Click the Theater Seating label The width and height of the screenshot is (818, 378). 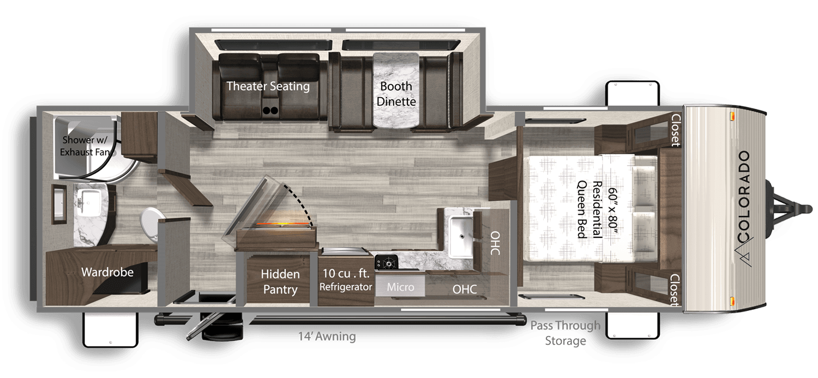268,86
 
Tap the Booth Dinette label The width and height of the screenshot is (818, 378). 396,94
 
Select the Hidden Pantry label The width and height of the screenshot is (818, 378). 280,281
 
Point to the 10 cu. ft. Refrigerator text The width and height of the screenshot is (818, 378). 346,280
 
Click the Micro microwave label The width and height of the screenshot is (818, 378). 401,287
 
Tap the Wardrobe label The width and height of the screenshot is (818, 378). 107,272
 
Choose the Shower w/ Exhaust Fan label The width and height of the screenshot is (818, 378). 86,146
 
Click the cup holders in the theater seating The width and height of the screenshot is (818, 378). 270,110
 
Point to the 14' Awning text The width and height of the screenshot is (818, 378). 327,336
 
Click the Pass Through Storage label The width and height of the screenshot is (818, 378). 566,333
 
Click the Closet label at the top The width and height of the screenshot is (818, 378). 676,130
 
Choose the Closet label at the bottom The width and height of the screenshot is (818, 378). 675,290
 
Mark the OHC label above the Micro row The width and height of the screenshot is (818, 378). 495,243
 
